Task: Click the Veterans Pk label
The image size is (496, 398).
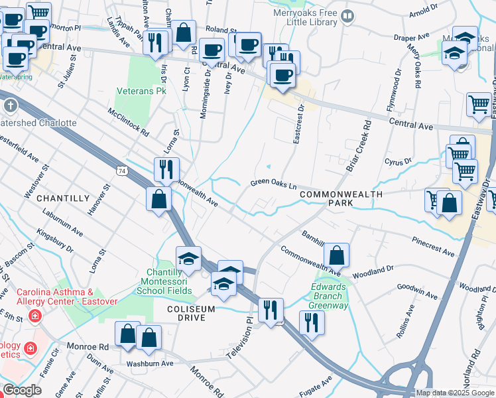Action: (x=141, y=90)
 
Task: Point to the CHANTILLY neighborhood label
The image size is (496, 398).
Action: (x=62, y=198)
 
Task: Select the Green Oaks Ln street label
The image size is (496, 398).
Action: (x=273, y=184)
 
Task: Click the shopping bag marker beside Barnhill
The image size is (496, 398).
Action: (x=337, y=255)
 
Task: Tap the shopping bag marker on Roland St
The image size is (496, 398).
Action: (x=184, y=32)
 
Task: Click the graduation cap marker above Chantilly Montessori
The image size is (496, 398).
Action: (x=188, y=258)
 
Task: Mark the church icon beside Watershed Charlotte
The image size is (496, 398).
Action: (x=10, y=105)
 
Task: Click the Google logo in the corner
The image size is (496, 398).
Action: (x=22, y=390)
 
